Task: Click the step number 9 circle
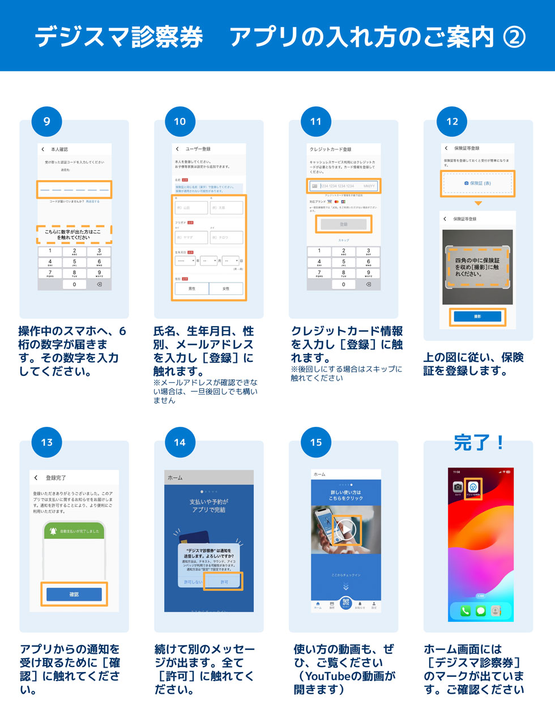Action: pyautogui.click(x=47, y=121)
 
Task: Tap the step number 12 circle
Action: pyautogui.click(x=452, y=121)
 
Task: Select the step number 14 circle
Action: pyautogui.click(x=180, y=442)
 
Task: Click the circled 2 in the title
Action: pyautogui.click(x=514, y=37)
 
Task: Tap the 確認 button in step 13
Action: pyautogui.click(x=74, y=594)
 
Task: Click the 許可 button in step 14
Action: pyautogui.click(x=224, y=582)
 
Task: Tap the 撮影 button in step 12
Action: pyautogui.click(x=477, y=317)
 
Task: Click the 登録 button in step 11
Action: pyautogui.click(x=344, y=224)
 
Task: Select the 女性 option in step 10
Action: pyautogui.click(x=226, y=289)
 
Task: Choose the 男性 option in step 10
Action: pyautogui.click(x=192, y=289)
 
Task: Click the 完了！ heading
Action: pyautogui.click(x=479, y=442)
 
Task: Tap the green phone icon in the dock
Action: pyautogui.click(x=466, y=611)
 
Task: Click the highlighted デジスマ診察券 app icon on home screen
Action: pyautogui.click(x=473, y=486)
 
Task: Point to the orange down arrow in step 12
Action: pyautogui.click(x=478, y=203)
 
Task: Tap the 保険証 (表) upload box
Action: pyautogui.click(x=477, y=183)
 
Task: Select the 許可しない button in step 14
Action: pyautogui.click(x=193, y=582)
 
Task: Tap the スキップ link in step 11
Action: pyautogui.click(x=344, y=240)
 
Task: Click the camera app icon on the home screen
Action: pyautogui.click(x=458, y=487)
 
